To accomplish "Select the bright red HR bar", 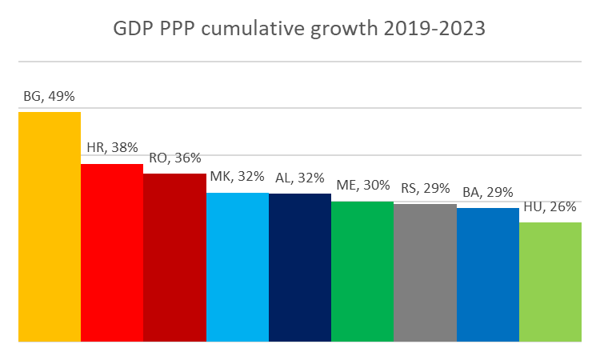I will pyautogui.click(x=112, y=253).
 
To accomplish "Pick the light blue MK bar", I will pyautogui.click(x=238, y=267).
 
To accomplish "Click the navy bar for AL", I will pyautogui.click(x=300, y=267).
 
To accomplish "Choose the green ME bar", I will pyautogui.click(x=362, y=271).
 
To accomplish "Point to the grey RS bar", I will pyautogui.click(x=425, y=273).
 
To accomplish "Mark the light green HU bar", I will pyautogui.click(x=550, y=282).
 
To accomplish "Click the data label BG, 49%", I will pyautogui.click(x=50, y=97).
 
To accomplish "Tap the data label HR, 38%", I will pyautogui.click(x=112, y=148).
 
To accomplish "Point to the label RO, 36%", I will pyautogui.click(x=174, y=158).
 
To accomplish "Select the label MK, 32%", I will pyautogui.click(x=238, y=178).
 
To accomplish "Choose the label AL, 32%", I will pyautogui.click(x=300, y=178).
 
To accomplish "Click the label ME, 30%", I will pyautogui.click(x=362, y=186).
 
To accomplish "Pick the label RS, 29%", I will pyautogui.click(x=425, y=189).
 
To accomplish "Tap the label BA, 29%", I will pyautogui.click(x=488, y=193).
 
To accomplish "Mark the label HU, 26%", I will pyautogui.click(x=550, y=207).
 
